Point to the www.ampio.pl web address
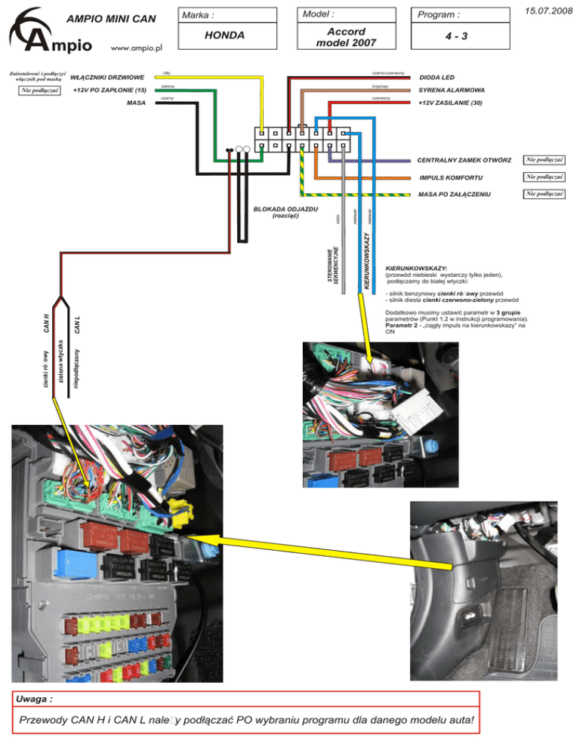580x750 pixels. pos(137,48)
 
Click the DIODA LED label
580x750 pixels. pos(437,78)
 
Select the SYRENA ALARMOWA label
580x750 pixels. pos(452,90)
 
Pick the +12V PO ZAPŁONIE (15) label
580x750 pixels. pos(109,91)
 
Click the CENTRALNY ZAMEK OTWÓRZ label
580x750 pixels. pos(464,160)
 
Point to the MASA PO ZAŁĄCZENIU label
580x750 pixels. pos(455,195)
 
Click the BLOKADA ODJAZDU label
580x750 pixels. pos(285,207)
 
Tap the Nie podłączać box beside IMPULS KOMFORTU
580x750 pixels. pos(546,177)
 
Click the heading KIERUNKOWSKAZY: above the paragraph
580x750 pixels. pos(416,268)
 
